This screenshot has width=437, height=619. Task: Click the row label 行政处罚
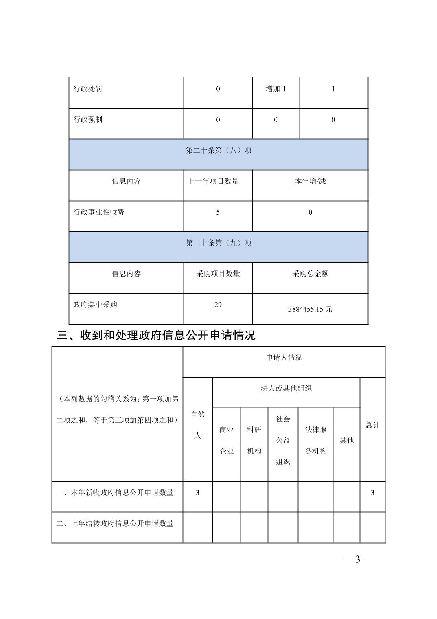point(88,89)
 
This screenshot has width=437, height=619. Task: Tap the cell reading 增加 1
point(275,89)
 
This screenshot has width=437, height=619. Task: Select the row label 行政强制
point(88,120)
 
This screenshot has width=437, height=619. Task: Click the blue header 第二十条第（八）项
point(218,151)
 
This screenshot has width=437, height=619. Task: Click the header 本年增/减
point(310,181)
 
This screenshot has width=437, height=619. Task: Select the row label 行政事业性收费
point(99,212)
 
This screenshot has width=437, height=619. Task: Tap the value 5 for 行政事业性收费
point(218,212)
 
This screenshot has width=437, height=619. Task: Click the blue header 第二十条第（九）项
point(218,243)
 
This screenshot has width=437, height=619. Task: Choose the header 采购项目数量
point(218,274)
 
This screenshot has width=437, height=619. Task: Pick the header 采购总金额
point(310,274)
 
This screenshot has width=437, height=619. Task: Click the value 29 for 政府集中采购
point(218,305)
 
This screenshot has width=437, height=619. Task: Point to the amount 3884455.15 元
point(310,309)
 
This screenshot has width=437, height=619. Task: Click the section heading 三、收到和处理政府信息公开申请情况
point(156,335)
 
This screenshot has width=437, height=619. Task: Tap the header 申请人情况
point(284,358)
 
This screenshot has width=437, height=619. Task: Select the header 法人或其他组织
point(286,389)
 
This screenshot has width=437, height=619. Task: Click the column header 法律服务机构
point(316,440)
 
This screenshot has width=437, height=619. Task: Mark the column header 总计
point(372,425)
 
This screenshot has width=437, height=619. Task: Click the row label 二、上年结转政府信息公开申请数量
point(115,523)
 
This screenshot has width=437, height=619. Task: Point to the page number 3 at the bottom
point(358,559)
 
